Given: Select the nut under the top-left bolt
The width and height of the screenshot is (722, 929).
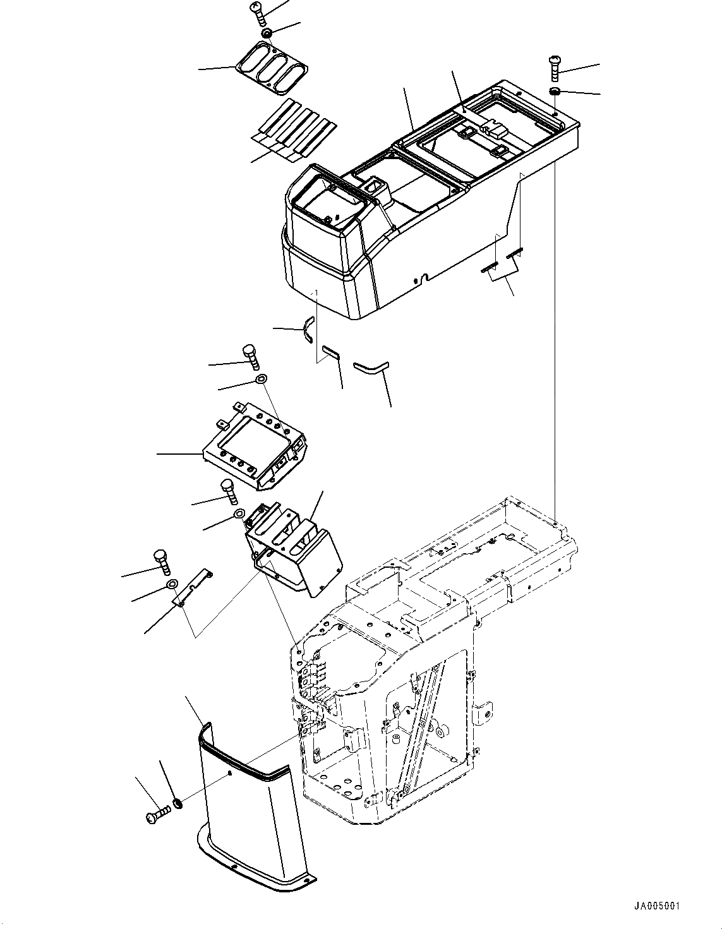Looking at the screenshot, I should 267,33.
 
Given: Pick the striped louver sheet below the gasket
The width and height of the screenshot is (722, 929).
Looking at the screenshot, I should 292,130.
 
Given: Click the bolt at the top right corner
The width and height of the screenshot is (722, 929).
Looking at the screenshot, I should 554,68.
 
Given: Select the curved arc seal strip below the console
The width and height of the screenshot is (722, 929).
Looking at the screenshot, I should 308,329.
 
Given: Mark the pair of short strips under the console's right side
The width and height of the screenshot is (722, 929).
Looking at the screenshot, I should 503,258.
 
